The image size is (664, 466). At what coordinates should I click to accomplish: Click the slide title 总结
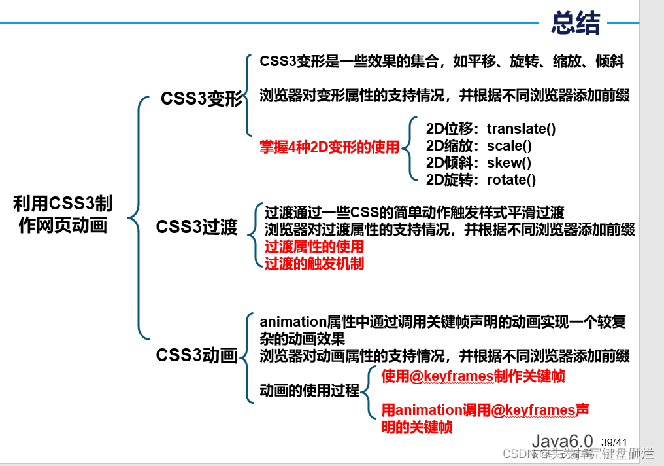pyautogui.click(x=575, y=24)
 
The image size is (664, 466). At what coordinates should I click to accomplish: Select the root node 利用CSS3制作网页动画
pyautogui.click(x=63, y=215)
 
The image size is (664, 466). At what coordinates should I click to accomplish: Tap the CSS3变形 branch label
pyautogui.click(x=201, y=99)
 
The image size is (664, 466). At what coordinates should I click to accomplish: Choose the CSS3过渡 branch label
pyautogui.click(x=197, y=227)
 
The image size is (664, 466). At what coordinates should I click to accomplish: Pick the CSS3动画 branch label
pyautogui.click(x=196, y=355)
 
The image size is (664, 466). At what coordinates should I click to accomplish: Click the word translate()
pyautogui.click(x=521, y=129)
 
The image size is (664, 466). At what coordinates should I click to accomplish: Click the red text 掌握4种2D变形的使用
pyautogui.click(x=329, y=148)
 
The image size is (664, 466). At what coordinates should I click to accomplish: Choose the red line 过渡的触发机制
pyautogui.click(x=314, y=264)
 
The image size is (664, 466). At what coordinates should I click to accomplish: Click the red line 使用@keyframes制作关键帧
pyautogui.click(x=473, y=376)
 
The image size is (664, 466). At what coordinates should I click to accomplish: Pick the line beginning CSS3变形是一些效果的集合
pyautogui.click(x=442, y=62)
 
